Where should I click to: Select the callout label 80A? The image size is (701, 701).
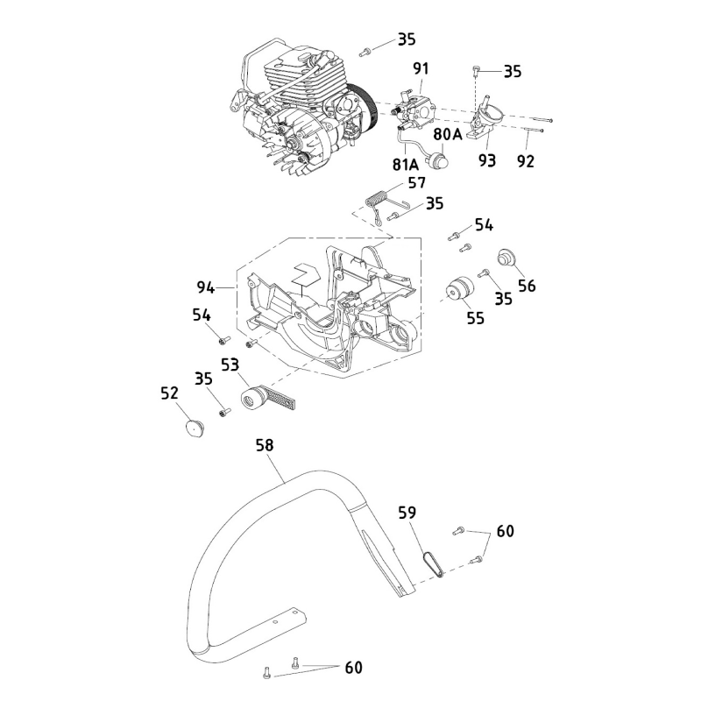point(446,134)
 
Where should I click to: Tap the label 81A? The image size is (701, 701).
point(405,164)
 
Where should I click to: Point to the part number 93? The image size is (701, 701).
point(487,160)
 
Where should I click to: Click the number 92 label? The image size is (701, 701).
point(525,161)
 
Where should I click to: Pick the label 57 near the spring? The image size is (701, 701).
point(416,184)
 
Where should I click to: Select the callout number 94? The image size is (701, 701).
point(205,287)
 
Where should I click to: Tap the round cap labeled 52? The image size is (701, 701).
point(192,428)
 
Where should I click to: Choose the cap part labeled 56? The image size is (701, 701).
point(506,259)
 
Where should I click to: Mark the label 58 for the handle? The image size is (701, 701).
point(265,445)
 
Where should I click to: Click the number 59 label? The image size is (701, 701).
point(408,512)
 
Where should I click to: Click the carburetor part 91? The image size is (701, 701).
point(413,110)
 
